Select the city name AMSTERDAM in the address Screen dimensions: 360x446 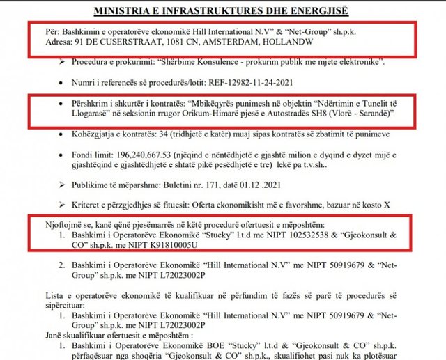click(217, 42)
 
